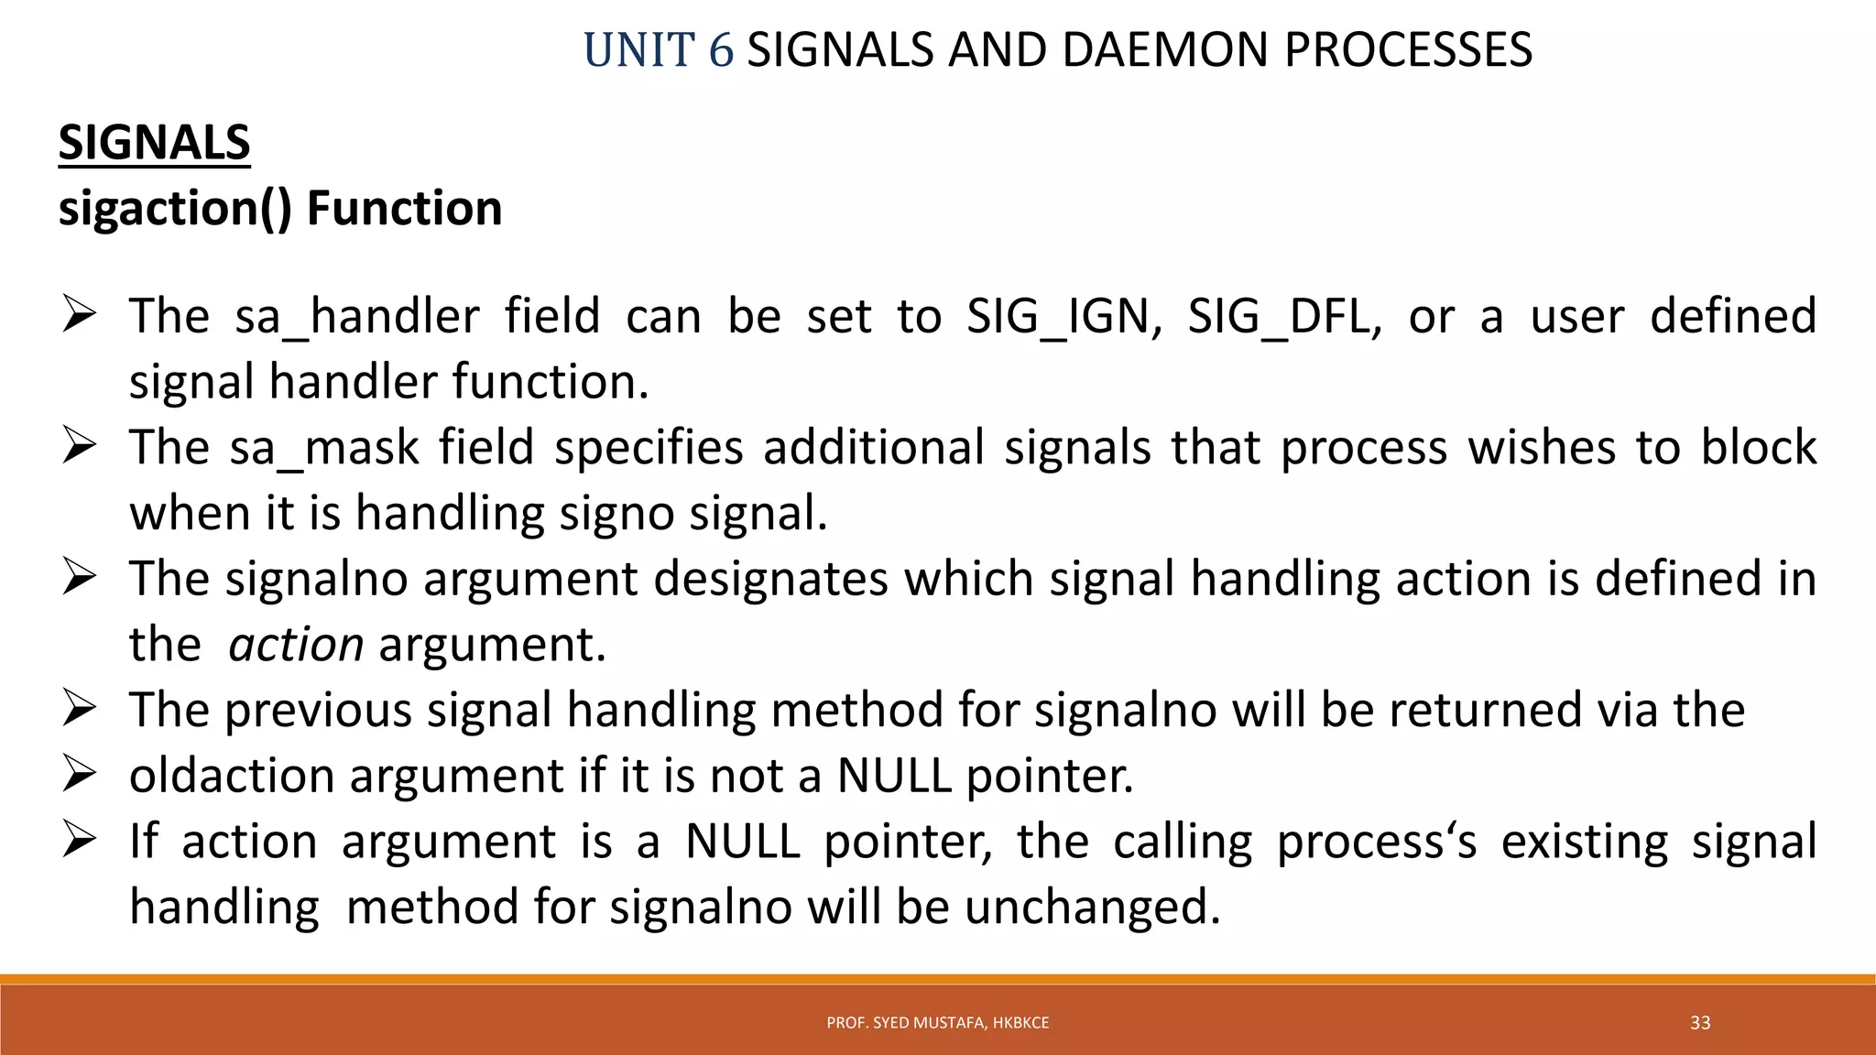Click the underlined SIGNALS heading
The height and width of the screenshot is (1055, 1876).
(154, 144)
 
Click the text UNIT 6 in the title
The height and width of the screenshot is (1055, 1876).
(658, 50)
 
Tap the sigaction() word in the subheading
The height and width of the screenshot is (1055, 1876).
(175, 209)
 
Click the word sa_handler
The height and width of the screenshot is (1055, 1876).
(357, 317)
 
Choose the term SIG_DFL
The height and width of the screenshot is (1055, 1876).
(1284, 317)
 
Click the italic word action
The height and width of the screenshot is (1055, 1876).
(296, 645)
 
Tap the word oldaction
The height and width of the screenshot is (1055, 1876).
(232, 776)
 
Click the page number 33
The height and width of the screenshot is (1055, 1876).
(1700, 1023)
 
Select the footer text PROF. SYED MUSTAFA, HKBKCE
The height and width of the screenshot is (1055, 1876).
(937, 1023)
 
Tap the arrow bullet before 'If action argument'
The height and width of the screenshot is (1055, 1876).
(80, 840)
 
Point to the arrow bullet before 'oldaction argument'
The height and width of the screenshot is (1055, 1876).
(80, 775)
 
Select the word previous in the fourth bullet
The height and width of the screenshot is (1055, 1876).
(318, 711)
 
